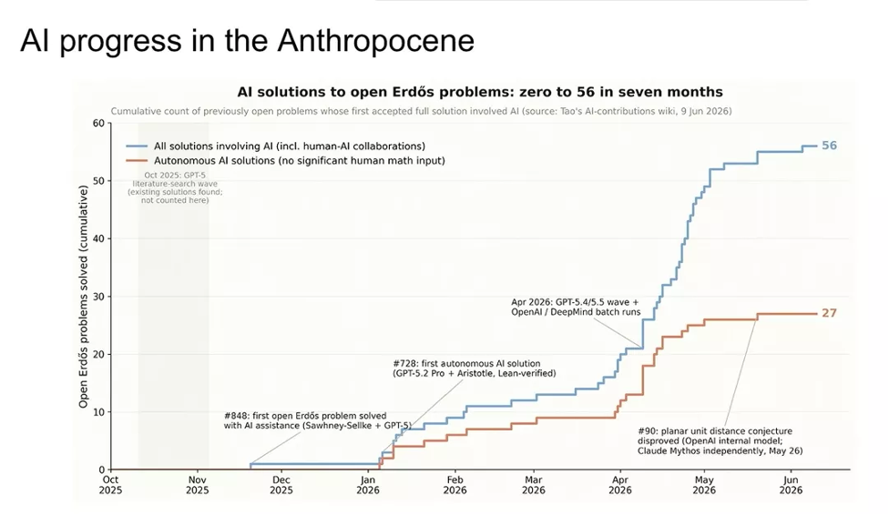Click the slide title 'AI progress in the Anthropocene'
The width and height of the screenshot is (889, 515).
pos(247,41)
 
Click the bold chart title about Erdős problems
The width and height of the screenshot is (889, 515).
pos(480,92)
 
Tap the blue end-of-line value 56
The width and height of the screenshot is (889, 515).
pos(829,146)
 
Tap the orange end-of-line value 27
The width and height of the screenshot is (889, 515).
pos(829,313)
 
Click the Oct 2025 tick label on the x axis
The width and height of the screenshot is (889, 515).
pos(110,485)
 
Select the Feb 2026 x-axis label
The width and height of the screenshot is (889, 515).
pos(455,485)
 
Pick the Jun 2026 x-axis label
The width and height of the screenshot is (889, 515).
pos(791,485)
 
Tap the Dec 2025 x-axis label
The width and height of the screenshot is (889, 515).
pos(281,485)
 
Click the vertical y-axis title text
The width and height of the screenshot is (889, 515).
pos(84,297)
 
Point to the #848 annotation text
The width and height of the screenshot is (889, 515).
pos(318,420)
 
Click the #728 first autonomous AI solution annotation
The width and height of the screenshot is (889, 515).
pos(474,369)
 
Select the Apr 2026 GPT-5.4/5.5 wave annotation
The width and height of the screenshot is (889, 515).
pos(576,307)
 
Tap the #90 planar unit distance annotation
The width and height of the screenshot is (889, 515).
pos(720,440)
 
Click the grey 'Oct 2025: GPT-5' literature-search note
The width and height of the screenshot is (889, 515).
pos(175,187)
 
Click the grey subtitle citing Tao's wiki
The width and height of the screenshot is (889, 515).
pos(421,111)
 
